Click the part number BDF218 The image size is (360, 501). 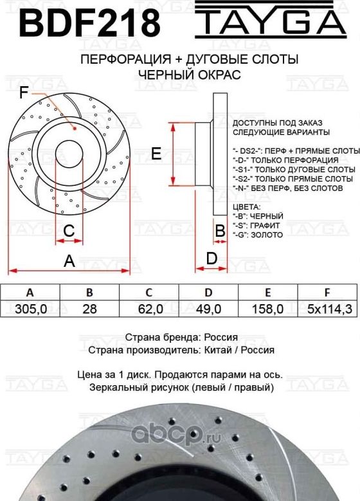[89, 24]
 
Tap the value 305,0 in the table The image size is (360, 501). [30, 309]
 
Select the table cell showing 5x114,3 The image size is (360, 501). [329, 309]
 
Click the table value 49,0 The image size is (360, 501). [208, 309]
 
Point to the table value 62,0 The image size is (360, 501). [150, 309]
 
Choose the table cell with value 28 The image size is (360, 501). [90, 309]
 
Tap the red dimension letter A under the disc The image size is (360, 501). [69, 260]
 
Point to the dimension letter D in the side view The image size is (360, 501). [211, 258]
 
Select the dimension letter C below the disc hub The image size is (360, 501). [69, 230]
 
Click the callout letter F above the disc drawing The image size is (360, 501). [24, 93]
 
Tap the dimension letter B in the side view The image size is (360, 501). [219, 230]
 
